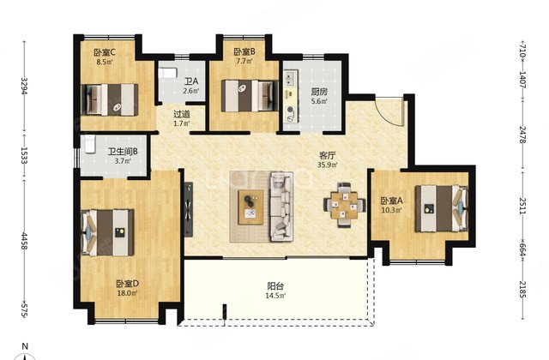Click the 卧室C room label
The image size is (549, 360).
105,52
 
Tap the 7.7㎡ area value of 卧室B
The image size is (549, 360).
244,62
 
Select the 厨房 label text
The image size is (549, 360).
319,92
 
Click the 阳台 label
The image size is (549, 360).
275,286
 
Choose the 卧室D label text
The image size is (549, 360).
128,284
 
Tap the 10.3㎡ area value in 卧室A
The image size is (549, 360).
392,210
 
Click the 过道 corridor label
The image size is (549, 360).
182,114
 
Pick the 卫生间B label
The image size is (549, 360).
123,152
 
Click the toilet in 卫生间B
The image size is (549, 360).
89,144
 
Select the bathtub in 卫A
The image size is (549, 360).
167,73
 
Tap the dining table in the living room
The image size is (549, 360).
345,206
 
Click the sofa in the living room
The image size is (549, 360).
281,207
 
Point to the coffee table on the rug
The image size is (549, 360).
250,207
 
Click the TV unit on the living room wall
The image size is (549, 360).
189,209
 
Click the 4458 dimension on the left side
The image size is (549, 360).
24,241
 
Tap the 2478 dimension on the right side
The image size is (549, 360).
522,135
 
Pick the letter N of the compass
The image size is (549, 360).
25,346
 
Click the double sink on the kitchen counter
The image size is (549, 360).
290,78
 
